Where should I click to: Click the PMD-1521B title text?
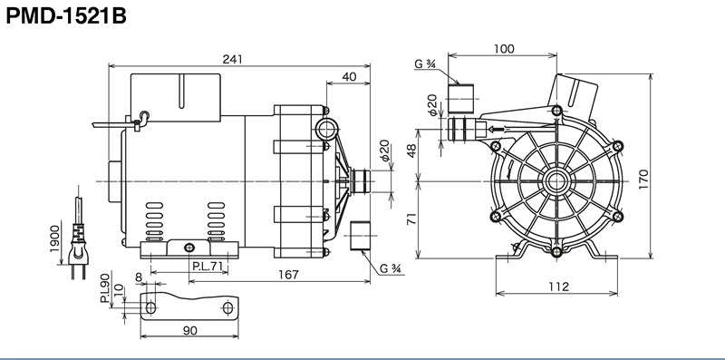pos(66,17)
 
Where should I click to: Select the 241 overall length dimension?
pos(232,59)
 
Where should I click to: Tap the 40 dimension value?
pos(350,77)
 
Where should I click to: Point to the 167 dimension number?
pos(288,275)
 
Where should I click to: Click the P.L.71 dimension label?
pos(208,266)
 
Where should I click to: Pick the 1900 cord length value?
pos(55,238)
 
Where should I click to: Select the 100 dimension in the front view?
pos(504,49)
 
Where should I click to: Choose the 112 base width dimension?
pos(559,287)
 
